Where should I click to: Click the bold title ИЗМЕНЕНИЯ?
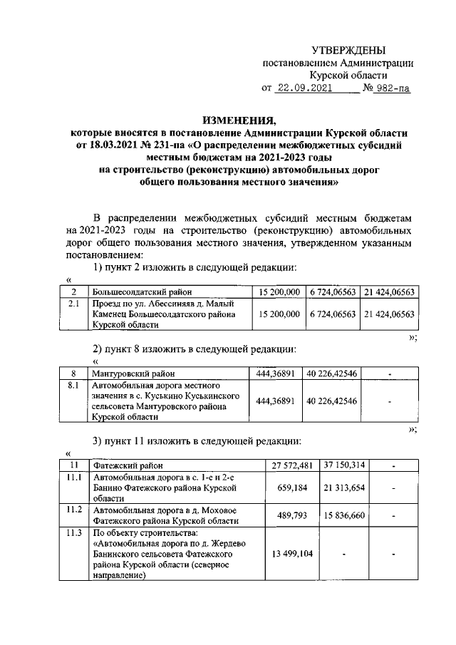click(x=239, y=120)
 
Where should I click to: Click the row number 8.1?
click(x=73, y=385)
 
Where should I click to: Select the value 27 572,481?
click(x=293, y=465)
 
